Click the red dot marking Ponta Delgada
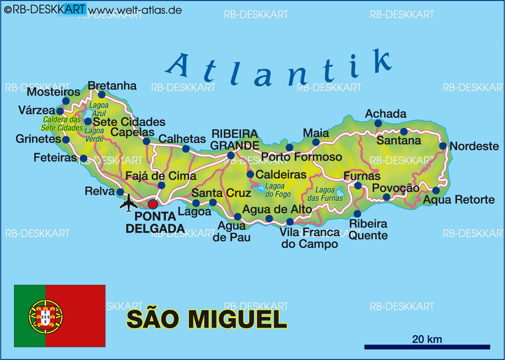click(153, 204)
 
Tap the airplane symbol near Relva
click(129, 202)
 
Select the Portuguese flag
click(60, 316)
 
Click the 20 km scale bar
click(427, 347)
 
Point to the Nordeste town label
click(474, 146)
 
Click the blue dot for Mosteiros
click(66, 101)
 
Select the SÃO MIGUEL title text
click(207, 319)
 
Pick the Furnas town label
click(362, 176)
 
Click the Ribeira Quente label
click(369, 229)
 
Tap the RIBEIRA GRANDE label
click(234, 140)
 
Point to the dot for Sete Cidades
click(88, 121)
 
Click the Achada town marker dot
click(378, 123)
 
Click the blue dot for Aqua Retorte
click(436, 190)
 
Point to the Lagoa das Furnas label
click(329, 194)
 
